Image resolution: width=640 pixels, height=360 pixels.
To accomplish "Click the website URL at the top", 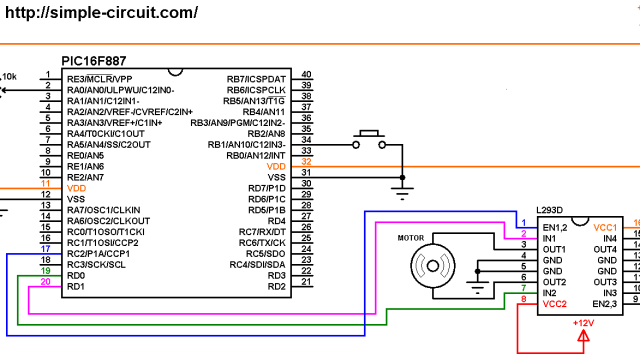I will point(100,13).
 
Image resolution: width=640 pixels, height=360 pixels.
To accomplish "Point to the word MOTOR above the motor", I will point(413,239).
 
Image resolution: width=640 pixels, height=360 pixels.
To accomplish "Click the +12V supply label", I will point(585,324).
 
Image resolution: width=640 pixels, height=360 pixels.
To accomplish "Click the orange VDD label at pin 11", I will point(76,187).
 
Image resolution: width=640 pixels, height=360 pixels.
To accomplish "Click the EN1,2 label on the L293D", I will point(557,227).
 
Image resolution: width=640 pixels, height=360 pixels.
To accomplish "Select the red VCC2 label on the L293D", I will point(557,303).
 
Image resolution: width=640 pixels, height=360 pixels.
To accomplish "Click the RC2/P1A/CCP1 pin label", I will point(101,253).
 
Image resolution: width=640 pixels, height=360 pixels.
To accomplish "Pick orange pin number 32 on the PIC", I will point(306,162).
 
